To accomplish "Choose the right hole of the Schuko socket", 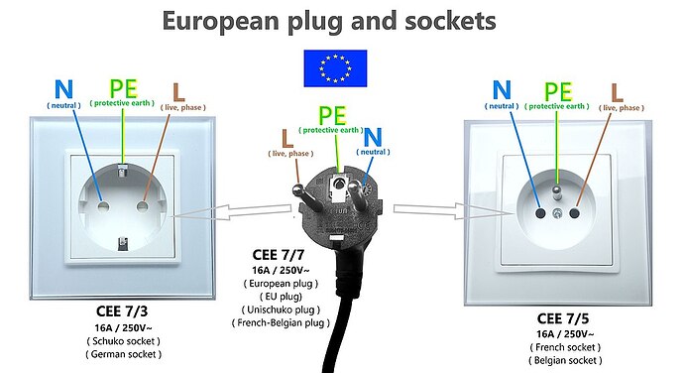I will [x=143, y=206].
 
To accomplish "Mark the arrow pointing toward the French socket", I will [x=424, y=208].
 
